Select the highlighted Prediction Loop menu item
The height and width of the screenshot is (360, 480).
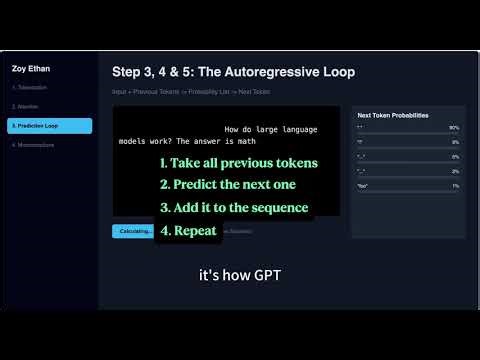pos(50,126)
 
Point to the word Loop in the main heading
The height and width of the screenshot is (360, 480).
pos(337,72)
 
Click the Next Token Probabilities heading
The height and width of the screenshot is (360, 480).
pos(393,115)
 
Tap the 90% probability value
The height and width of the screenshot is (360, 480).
pos(454,128)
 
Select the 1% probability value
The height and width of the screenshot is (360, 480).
pos(455,186)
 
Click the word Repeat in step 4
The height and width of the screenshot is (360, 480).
pos(196,231)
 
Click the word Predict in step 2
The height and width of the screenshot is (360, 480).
pos(201,186)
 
